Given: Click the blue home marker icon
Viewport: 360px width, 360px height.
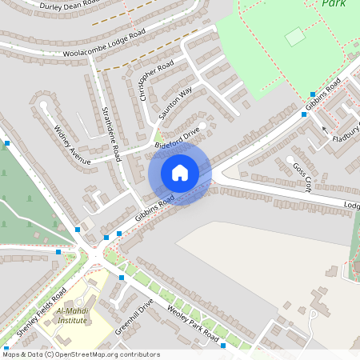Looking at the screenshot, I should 180,173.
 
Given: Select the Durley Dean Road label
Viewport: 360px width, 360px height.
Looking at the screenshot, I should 69,8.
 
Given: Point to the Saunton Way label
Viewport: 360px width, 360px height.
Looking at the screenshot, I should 176,105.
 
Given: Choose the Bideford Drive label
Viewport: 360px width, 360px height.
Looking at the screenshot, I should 177,138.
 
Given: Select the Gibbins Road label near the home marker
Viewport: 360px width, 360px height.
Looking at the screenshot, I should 154,210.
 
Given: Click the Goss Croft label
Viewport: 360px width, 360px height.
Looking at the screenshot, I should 302,173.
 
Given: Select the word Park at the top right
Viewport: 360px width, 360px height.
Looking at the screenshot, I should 334,4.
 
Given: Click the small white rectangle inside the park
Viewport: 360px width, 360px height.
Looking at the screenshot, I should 295,36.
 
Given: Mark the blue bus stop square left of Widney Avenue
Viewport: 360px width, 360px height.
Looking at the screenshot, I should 7,143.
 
